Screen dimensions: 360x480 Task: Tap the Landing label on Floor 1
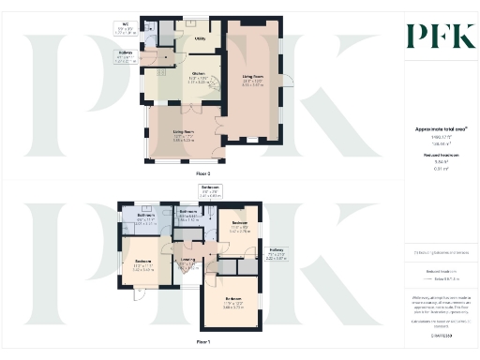[x=187, y=262]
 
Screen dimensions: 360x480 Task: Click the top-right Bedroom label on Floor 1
[x=240, y=226]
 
